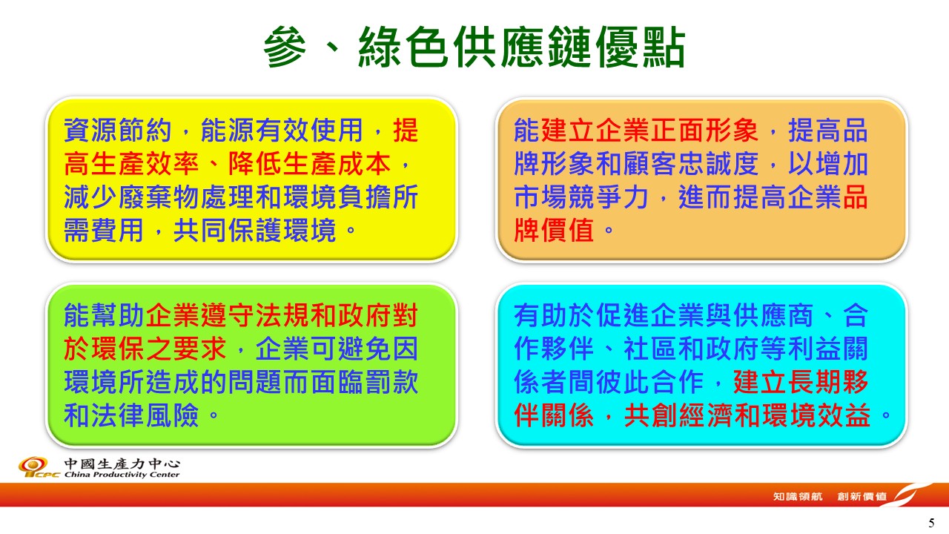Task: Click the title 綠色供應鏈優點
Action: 522,47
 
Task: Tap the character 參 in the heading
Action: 285,47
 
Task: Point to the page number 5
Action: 931,523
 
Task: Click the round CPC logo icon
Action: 33,465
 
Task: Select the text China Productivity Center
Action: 122,475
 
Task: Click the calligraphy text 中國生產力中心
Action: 122,464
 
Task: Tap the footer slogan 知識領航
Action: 798,496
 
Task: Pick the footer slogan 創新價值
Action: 862,496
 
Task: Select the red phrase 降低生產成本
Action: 309,164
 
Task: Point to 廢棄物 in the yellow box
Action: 159,197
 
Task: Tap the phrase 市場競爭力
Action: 581,197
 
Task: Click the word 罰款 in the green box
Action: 391,382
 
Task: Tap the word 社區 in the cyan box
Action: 650,349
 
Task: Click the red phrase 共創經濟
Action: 678,415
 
